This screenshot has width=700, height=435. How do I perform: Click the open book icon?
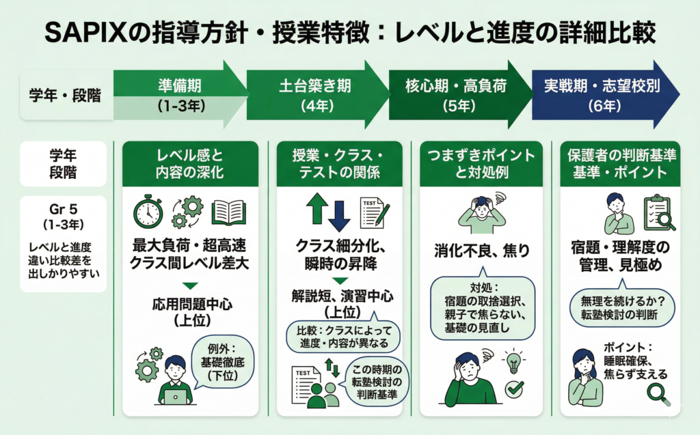[228, 212]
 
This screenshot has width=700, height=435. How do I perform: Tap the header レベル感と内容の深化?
[190, 164]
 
